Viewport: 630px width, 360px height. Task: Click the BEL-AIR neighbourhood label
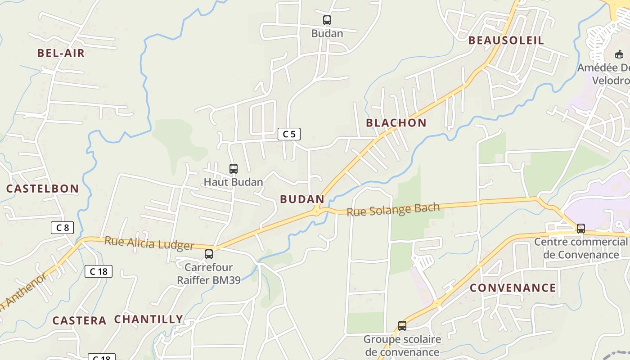tap(61, 53)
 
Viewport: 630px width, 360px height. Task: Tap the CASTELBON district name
tap(42, 189)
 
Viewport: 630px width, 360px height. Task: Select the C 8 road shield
tap(62, 228)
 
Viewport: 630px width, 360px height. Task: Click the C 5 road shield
tap(289, 134)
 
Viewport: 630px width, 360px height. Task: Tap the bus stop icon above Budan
tap(327, 20)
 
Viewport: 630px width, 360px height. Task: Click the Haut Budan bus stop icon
tap(234, 169)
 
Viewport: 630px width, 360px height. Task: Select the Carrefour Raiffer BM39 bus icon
tap(209, 254)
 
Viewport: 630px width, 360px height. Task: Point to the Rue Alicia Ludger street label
tap(149, 243)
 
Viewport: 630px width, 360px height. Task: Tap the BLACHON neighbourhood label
tap(396, 123)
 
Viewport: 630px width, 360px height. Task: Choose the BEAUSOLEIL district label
tap(506, 40)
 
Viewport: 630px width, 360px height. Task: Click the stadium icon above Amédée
tap(619, 54)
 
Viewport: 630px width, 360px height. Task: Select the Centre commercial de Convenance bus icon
tap(581, 229)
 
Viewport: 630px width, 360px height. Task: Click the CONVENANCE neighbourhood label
tap(513, 288)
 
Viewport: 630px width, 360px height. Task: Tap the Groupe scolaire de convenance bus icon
tap(402, 326)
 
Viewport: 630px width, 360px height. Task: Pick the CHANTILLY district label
tap(148, 319)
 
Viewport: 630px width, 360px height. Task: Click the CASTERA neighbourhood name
tap(79, 321)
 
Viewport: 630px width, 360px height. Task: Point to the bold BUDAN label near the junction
tap(302, 199)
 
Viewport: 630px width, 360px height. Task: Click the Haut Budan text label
tap(233, 182)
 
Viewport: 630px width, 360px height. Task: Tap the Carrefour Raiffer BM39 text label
tap(209, 274)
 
